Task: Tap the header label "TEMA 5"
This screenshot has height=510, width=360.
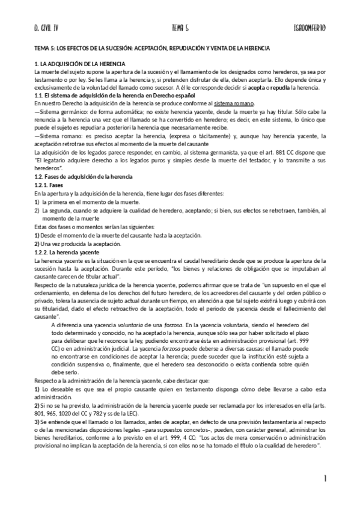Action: pyautogui.click(x=180, y=28)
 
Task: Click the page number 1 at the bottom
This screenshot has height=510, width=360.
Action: pyautogui.click(x=324, y=479)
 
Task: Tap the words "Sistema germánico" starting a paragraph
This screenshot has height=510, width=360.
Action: pyautogui.click(x=59, y=111)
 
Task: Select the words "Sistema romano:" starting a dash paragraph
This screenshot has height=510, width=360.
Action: pyautogui.click(x=58, y=135)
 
